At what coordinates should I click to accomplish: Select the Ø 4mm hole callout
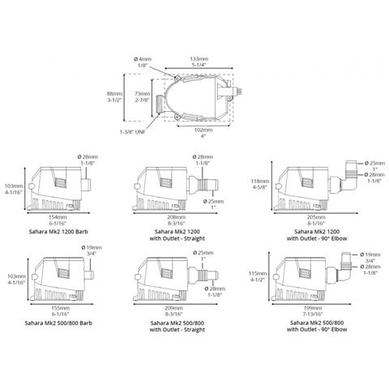click(143, 59)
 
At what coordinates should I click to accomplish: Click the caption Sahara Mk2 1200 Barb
click(57, 231)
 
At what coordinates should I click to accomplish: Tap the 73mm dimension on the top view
click(143, 96)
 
